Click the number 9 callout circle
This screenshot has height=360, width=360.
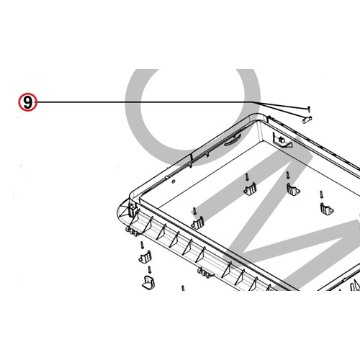coord(27,103)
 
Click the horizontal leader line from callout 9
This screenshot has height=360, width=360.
coord(144,103)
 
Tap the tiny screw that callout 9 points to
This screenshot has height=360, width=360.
coord(308,108)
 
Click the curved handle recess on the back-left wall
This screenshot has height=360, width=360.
coord(229,141)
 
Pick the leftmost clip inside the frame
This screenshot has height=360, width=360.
coord(197,221)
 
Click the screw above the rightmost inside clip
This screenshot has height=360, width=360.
coord(322,193)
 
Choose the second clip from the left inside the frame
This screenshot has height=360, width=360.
coord(250,189)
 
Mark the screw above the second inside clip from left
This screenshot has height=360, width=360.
coord(247,176)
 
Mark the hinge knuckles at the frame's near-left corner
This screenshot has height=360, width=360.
coord(132,232)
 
